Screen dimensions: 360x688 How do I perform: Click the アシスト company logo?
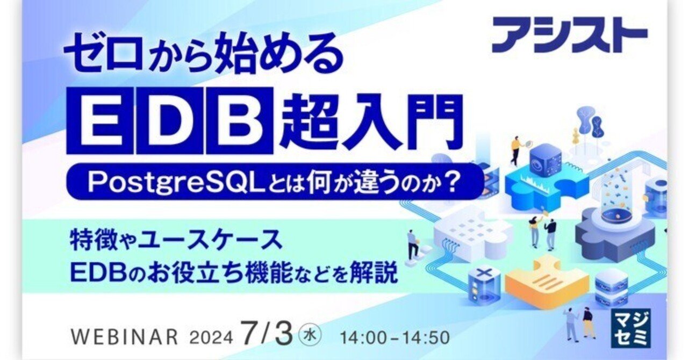[x=570, y=35]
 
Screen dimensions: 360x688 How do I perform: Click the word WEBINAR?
[x=124, y=337]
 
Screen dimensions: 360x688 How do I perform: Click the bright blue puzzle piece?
[x=537, y=183]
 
